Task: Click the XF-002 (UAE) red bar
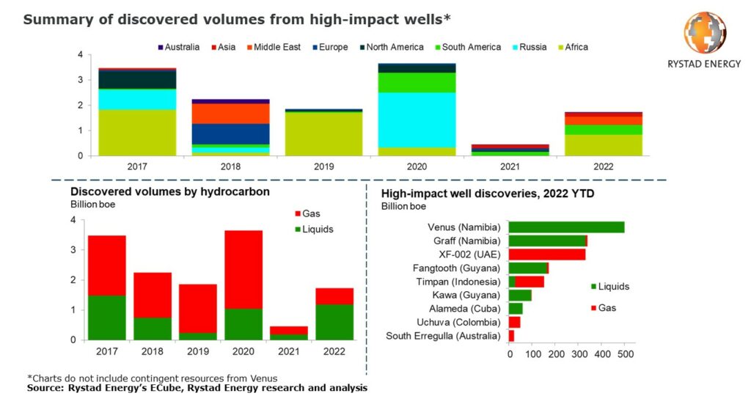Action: click(x=547, y=254)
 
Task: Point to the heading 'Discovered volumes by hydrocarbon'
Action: click(x=170, y=192)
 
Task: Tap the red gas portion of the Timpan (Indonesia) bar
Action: click(x=530, y=282)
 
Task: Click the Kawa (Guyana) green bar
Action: click(x=520, y=296)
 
